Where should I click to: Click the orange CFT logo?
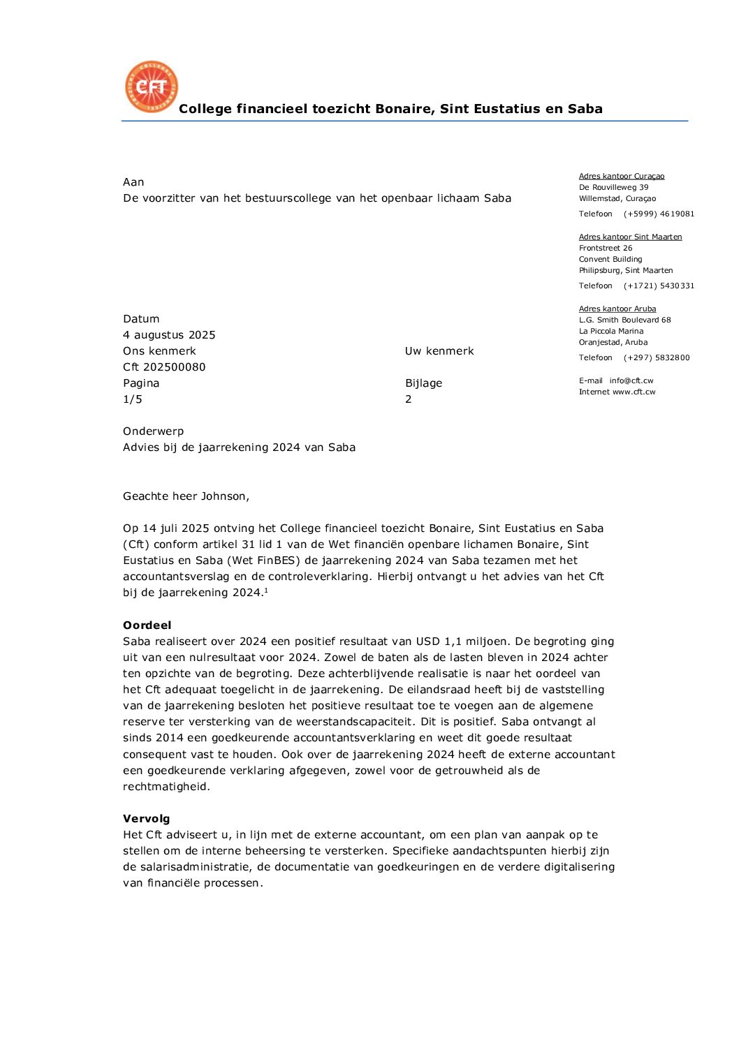(x=152, y=87)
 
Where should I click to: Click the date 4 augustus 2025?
(x=169, y=335)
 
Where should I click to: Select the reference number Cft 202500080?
(x=164, y=367)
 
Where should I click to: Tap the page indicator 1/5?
(x=133, y=399)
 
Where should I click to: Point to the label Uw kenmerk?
(x=439, y=351)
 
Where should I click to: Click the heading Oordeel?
(x=147, y=625)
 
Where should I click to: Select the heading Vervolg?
(x=146, y=819)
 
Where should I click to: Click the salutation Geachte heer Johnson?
(x=186, y=496)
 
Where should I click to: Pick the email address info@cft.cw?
(x=631, y=380)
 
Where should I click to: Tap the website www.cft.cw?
(x=634, y=392)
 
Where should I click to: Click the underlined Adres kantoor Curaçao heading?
(x=621, y=177)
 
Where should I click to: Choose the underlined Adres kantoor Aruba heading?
(x=617, y=309)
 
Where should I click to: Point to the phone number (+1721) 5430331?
(x=659, y=286)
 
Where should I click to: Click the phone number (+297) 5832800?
(x=656, y=357)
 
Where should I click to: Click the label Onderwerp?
(x=153, y=431)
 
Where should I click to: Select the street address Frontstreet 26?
(x=605, y=248)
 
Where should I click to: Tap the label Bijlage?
(x=423, y=383)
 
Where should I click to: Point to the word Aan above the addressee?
(x=133, y=182)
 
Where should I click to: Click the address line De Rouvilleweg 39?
(x=613, y=187)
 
